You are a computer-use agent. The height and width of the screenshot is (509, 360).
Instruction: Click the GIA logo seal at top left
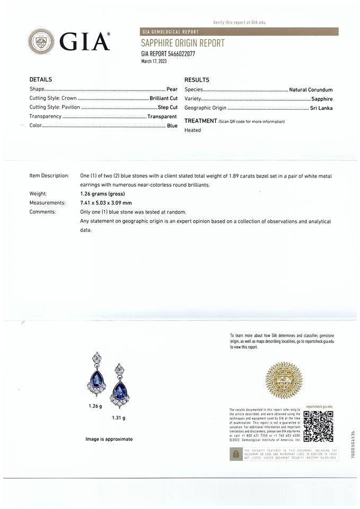click(x=41, y=41)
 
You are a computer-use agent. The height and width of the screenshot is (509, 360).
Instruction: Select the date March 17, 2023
click(x=154, y=61)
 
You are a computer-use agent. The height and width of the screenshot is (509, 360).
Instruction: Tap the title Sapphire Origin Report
click(x=182, y=43)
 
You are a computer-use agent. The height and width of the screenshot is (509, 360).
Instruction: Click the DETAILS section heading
click(x=40, y=80)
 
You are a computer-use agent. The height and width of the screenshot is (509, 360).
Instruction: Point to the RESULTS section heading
click(x=197, y=80)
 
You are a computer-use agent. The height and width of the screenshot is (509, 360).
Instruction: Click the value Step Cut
click(x=168, y=107)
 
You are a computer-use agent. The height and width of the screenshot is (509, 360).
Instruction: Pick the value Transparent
click(x=162, y=116)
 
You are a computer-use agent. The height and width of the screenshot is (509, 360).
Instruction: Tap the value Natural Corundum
click(x=311, y=90)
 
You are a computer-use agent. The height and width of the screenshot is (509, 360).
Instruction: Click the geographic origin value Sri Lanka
click(x=321, y=108)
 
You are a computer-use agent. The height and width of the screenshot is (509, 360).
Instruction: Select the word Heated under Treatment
click(x=192, y=130)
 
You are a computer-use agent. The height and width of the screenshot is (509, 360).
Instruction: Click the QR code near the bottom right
click(x=318, y=426)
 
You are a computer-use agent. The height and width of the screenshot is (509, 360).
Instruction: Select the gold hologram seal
click(x=284, y=380)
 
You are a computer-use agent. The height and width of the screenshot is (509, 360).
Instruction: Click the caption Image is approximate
click(x=109, y=439)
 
